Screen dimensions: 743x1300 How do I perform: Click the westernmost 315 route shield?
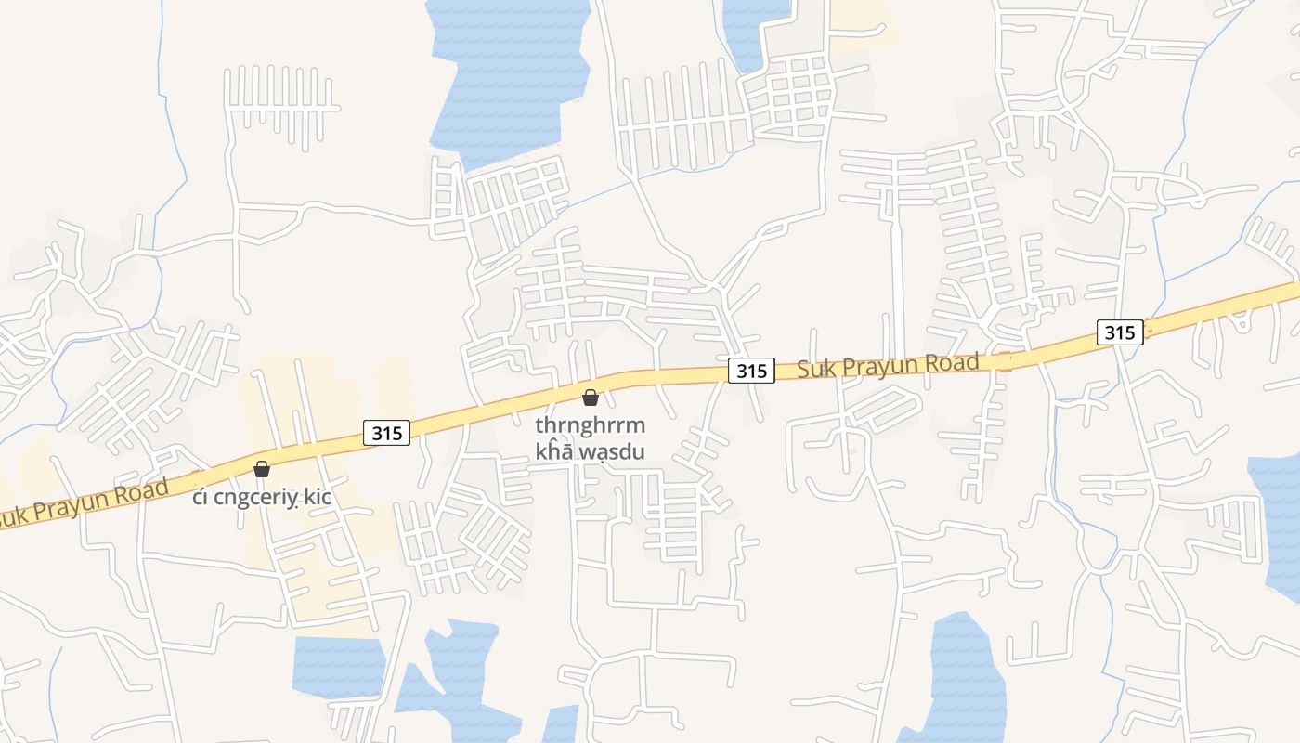(386, 432)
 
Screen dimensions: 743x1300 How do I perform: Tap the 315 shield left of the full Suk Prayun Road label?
(750, 371)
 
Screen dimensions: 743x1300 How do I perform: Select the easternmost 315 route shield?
(1119, 332)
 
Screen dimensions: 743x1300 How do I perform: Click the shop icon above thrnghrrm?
(590, 398)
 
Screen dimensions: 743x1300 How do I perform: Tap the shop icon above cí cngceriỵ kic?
(262, 469)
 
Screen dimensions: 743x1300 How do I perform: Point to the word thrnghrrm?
(591, 425)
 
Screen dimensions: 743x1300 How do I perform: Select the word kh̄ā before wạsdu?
(554, 451)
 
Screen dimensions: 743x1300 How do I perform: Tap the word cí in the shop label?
(201, 498)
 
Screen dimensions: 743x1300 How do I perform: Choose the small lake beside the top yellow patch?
(755, 33)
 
